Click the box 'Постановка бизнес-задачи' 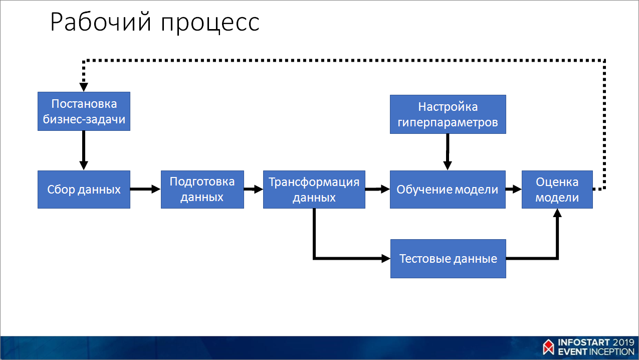[84, 111]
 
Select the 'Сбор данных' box [84, 190]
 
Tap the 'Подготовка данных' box [202, 190]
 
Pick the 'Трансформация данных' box [314, 190]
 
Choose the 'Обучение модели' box [448, 190]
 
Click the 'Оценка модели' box [557, 190]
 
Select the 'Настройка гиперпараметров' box [448, 114]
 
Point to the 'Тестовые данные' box [448, 259]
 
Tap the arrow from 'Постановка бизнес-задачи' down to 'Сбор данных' [84, 150]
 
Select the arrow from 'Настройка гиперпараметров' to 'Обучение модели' [448, 152]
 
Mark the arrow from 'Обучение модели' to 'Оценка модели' [514, 190]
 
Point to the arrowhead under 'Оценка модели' [557, 213]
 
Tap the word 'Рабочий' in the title [100, 23]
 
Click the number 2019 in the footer [620, 342]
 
